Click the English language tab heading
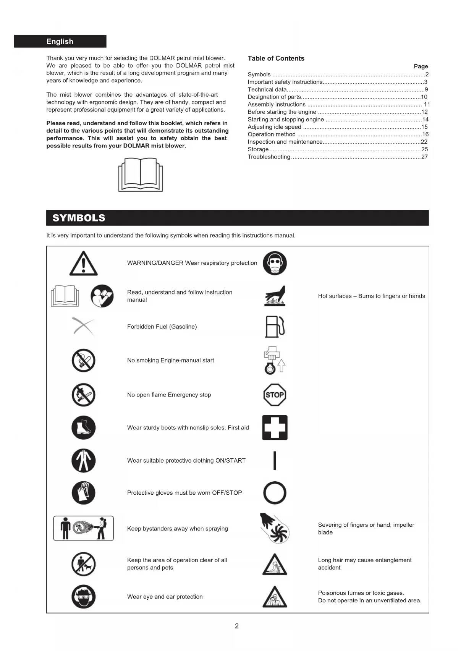[60, 41]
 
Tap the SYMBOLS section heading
[79, 218]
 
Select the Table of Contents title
[276, 58]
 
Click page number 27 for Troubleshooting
[424, 157]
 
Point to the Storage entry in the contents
[258, 149]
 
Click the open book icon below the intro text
[141, 175]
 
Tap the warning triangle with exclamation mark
[83, 264]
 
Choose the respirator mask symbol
[275, 263]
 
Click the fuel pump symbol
[275, 327]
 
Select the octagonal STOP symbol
[275, 395]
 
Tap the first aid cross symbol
[275, 427]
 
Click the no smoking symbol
[83, 360]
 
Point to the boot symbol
[83, 427]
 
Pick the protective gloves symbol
[83, 493]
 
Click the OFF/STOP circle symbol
[275, 493]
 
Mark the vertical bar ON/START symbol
[275, 461]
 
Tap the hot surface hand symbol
[275, 296]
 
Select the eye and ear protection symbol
[83, 597]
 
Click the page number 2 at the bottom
[237, 626]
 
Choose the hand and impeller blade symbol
[275, 529]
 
